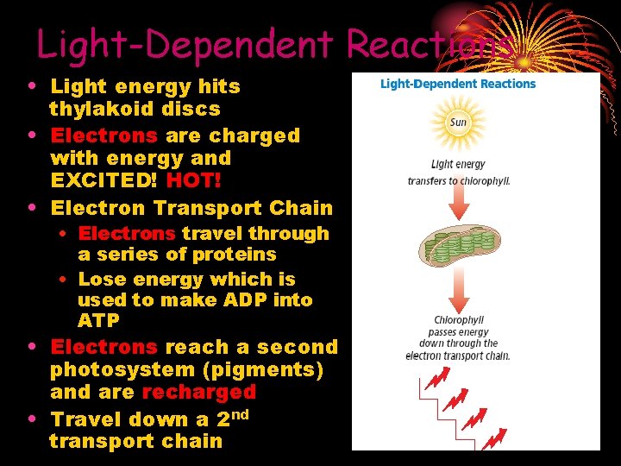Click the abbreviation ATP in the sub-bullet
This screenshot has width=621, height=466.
coord(98,321)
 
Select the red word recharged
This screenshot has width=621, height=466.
coord(199,392)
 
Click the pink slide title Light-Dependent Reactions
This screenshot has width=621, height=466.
coord(274,44)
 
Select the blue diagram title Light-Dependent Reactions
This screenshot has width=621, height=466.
coord(458,85)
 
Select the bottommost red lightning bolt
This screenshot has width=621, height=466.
coord(494,440)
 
